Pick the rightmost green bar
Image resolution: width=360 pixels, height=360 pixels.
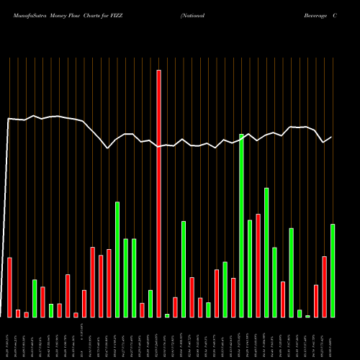pos(333,270)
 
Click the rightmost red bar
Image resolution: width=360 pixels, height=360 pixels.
pos(325,287)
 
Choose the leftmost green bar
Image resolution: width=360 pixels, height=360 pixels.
pos(35,298)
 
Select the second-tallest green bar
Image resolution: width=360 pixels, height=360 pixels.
pos(266,252)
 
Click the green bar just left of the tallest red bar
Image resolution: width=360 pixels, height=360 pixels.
pos(150,303)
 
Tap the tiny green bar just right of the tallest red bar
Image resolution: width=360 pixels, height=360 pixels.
pos(167,315)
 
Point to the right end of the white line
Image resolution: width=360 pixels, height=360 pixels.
pos(331,137)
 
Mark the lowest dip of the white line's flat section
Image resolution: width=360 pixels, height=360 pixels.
pos(107,148)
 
